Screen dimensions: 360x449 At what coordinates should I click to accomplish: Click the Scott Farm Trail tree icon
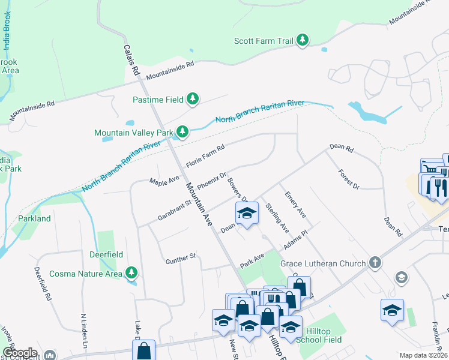(x=304, y=41)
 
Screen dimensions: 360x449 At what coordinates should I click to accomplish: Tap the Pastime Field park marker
(x=193, y=98)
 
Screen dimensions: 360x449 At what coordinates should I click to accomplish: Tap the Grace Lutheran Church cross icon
(x=375, y=263)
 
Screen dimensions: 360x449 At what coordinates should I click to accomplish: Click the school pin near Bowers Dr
(x=246, y=214)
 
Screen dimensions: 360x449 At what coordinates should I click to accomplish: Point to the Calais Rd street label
(x=131, y=59)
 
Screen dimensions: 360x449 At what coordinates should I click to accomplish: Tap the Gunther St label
(x=181, y=259)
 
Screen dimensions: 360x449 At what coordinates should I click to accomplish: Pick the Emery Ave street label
(x=295, y=205)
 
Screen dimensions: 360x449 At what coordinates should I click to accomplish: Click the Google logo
(x=20, y=352)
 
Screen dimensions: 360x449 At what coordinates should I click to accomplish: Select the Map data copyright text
(x=423, y=355)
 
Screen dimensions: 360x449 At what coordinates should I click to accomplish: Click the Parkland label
(x=34, y=218)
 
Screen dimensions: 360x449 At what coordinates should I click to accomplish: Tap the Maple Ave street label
(x=164, y=181)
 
